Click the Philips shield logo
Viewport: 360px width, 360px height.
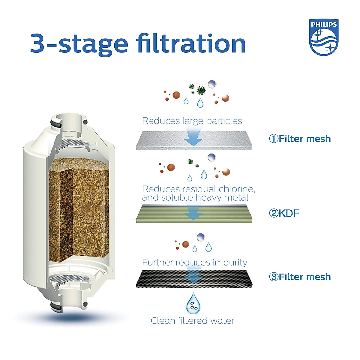324,37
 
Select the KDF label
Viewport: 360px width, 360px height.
289,213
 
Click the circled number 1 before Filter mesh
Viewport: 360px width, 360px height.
274,139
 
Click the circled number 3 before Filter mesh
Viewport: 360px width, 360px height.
274,277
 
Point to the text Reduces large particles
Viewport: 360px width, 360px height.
192,121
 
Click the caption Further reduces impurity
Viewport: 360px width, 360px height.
195,262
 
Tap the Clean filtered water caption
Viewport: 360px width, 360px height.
192,321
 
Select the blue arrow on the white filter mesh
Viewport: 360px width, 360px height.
193,138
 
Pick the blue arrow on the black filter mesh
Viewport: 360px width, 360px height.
193,277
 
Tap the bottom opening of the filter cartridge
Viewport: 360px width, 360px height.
70,303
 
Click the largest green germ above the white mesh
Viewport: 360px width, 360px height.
201,90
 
